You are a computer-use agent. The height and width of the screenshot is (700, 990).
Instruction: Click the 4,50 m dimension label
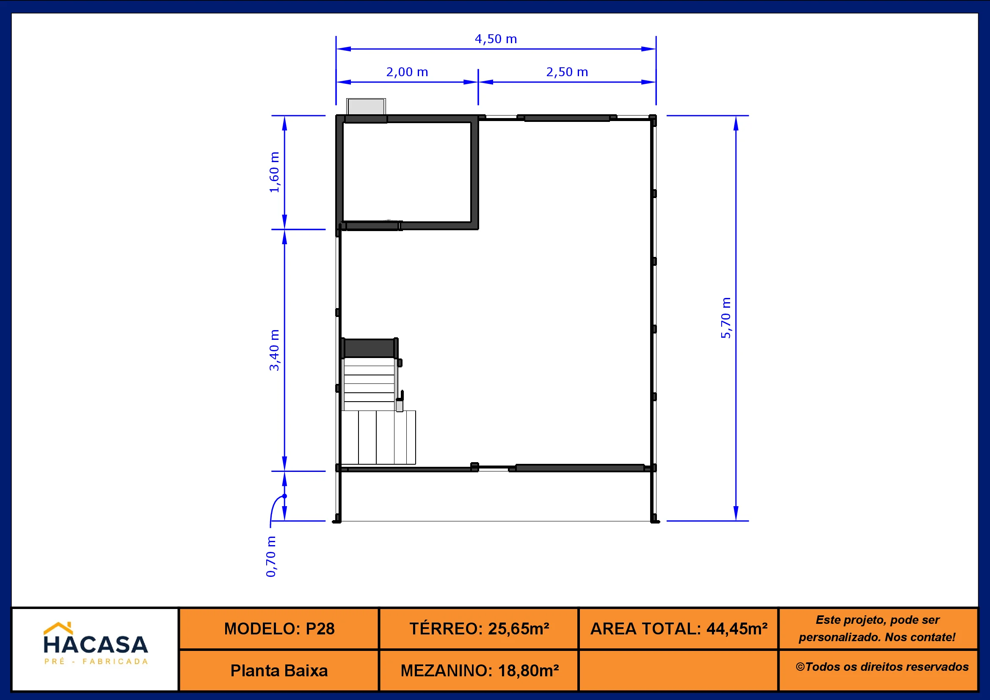[496, 39]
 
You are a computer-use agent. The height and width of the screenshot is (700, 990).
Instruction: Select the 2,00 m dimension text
[407, 72]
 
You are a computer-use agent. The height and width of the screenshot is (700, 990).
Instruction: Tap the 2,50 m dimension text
[567, 72]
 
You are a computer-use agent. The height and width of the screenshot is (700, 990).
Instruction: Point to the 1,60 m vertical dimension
[274, 172]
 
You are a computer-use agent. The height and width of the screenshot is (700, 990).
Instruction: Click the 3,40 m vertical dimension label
[274, 350]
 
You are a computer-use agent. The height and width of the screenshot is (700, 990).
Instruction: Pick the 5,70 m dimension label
[726, 318]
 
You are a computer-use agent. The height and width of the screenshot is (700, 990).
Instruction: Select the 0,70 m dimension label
[271, 557]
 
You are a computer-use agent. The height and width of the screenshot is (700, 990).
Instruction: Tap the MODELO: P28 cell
[279, 629]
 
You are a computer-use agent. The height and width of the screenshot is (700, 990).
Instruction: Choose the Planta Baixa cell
[279, 671]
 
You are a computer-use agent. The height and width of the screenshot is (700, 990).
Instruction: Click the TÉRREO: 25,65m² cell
[479, 629]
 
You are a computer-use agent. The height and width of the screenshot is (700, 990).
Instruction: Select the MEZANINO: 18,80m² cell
[479, 671]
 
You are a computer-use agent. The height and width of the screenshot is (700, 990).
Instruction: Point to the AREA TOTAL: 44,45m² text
[678, 629]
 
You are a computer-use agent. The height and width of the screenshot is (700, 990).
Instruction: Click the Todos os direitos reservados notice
[882, 667]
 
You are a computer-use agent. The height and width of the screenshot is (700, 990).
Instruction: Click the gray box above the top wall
[366, 107]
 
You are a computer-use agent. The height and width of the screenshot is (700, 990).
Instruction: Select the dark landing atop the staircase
[370, 348]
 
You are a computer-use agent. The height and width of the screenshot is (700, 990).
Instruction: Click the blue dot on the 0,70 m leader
[284, 496]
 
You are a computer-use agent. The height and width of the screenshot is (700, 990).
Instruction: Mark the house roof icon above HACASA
[58, 628]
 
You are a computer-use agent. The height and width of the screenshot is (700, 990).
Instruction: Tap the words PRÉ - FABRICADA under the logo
[96, 661]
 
